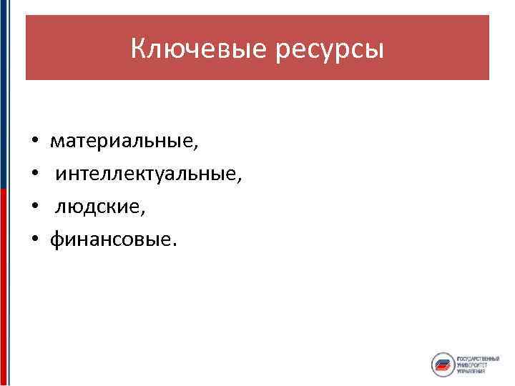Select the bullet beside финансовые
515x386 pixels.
tap(34, 241)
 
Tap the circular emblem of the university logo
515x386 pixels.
tap(443, 365)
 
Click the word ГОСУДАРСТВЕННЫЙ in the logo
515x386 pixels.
tap(478, 357)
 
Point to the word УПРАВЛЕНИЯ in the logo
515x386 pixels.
tap(472, 372)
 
